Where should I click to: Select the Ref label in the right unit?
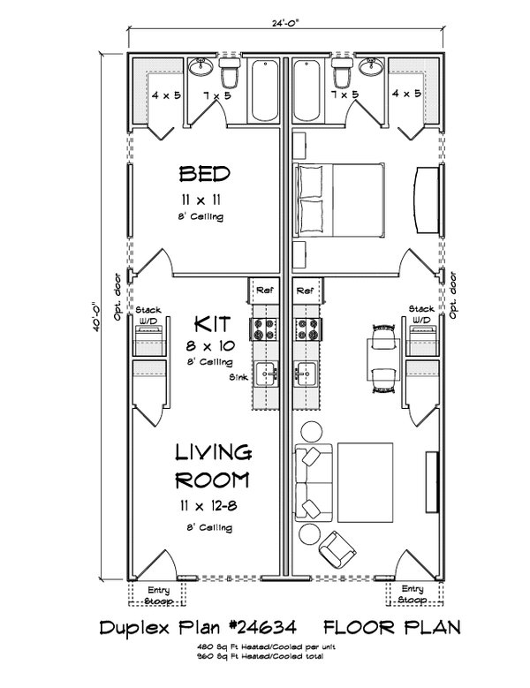pyautogui.click(x=307, y=290)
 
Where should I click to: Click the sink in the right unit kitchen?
pyautogui.click(x=307, y=374)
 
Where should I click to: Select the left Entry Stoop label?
pyautogui.click(x=159, y=593)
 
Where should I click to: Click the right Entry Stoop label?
pyautogui.click(x=412, y=593)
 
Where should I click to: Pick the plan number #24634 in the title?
pyautogui.click(x=269, y=630)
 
